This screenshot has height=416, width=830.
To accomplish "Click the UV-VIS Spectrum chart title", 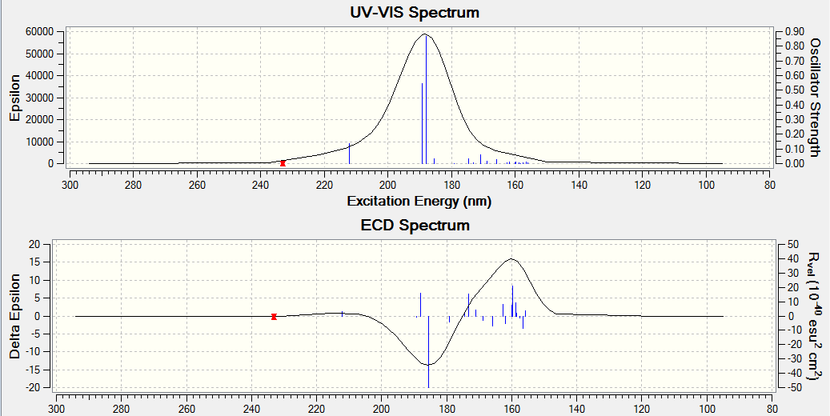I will point(415,12).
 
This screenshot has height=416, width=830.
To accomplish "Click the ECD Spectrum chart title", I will point(415,225).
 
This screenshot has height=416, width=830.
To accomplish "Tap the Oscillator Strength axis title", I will point(816,96).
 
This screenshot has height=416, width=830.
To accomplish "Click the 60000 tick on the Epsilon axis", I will point(39,31).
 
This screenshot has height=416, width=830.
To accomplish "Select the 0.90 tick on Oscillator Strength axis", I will point(794,31).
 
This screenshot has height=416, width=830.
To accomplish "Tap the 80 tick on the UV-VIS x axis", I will point(769,183).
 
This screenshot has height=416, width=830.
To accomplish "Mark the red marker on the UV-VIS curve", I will point(283,163).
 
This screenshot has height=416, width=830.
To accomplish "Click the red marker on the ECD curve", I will point(274,316).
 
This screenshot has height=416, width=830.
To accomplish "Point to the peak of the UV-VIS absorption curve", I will point(426,34).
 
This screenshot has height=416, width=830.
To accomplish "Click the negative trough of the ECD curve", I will point(429,365).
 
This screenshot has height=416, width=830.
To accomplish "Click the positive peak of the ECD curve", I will point(512,258).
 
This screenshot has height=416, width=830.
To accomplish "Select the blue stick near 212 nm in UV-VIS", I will point(349,153).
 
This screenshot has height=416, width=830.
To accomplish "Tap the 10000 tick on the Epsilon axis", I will point(39,142).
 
